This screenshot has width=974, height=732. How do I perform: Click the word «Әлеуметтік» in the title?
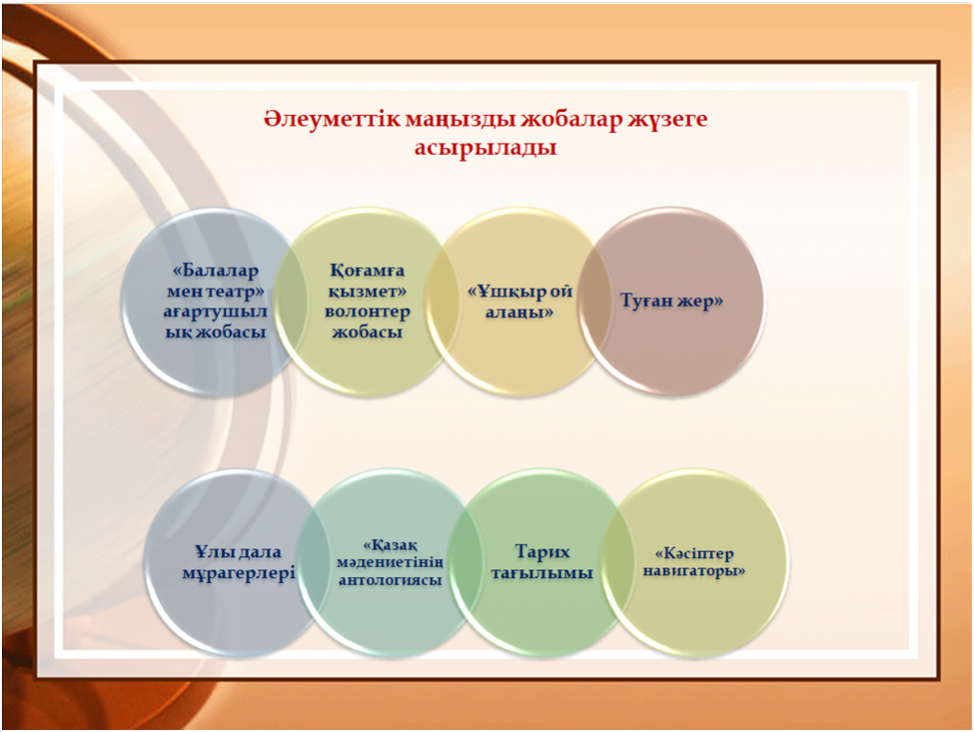coord(333,118)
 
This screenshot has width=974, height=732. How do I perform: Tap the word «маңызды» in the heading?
coord(461,120)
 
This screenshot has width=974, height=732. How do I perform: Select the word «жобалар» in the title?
coord(570,119)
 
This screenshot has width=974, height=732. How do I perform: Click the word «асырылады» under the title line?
coord(486,149)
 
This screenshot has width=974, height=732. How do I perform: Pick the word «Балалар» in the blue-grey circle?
coord(215,272)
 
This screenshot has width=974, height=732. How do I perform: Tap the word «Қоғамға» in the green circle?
coord(367,272)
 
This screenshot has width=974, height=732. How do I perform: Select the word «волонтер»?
coord(367,312)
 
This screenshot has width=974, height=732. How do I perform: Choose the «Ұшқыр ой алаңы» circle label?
coord(519,302)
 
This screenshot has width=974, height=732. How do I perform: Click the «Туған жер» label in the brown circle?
coord(672,302)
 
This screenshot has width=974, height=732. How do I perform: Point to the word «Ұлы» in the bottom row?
coord(209,552)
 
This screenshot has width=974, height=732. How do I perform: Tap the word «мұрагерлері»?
coord(239,573)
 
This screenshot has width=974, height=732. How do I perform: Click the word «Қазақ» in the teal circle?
coord(390,545)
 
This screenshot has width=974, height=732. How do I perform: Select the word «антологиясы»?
coord(390,580)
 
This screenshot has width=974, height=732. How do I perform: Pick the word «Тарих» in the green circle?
coord(542,552)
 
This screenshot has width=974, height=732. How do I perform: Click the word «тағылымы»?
coord(542,573)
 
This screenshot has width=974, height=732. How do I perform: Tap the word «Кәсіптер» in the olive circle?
coord(694,553)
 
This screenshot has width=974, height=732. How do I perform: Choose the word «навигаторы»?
coord(694,571)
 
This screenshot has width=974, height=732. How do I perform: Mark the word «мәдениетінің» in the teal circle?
coord(390,563)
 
